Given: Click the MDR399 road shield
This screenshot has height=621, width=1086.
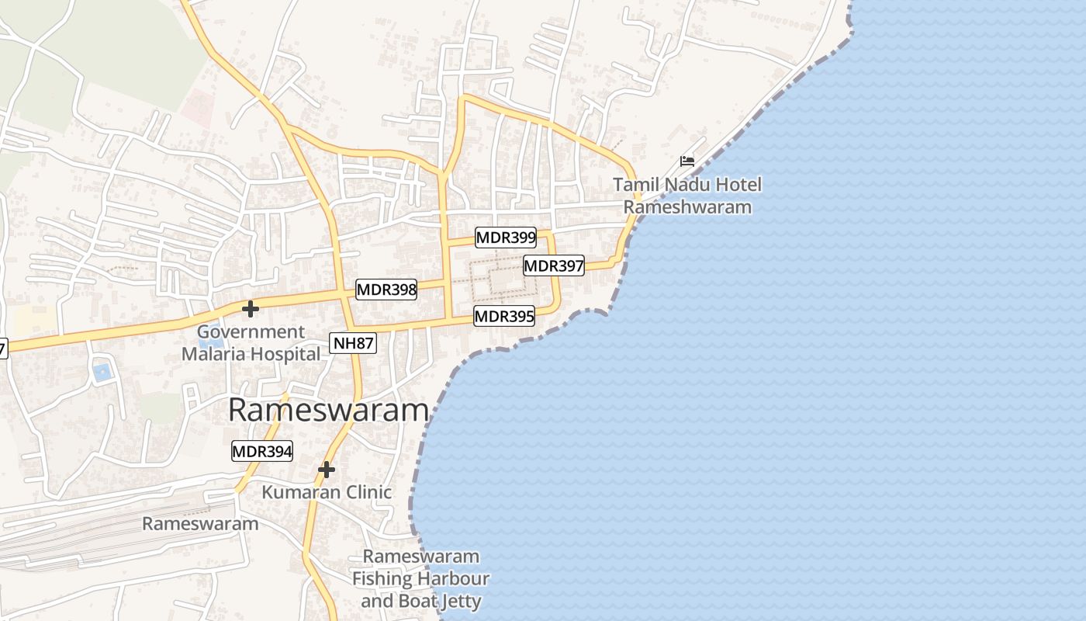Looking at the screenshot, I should [506, 238].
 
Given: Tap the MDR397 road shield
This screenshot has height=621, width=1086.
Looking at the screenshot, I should [554, 265].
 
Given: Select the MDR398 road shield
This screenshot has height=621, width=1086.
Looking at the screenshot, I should [386, 290].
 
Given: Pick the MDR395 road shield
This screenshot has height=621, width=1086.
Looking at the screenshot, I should [504, 316].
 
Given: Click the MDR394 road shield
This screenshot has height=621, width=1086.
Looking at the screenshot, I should [262, 451].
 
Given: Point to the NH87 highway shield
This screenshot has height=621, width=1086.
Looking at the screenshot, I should [353, 343].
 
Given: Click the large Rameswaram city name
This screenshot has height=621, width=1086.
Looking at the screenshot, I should [328, 411].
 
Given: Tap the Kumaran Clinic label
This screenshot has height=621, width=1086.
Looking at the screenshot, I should [327, 492].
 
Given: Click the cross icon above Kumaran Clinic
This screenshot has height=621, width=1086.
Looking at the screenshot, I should [327, 470].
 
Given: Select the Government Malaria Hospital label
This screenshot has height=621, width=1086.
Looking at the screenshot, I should [251, 343].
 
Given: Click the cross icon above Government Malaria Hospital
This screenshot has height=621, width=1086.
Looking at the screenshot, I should [250, 309].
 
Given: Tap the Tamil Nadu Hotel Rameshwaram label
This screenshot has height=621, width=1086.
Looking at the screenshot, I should [687, 196].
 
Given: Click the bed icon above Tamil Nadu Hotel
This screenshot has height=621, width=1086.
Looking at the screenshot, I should [687, 161].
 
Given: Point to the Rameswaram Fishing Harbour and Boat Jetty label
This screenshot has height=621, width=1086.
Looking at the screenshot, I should [421, 579].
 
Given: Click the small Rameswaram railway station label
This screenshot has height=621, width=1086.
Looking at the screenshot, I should [200, 523].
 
